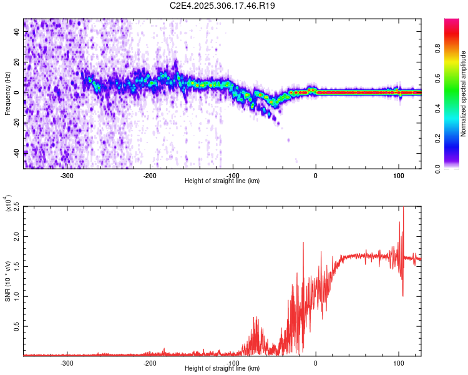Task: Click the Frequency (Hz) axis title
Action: pos(7,94)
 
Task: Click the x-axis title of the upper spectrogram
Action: pos(222,181)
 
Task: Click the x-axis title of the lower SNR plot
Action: pos(222,369)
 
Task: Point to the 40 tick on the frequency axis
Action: pos(16,34)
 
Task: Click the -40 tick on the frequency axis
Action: pos(15,152)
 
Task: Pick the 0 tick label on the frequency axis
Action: pos(18,93)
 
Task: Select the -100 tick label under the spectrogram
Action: pos(233,175)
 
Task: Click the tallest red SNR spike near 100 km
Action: pos(403,209)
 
